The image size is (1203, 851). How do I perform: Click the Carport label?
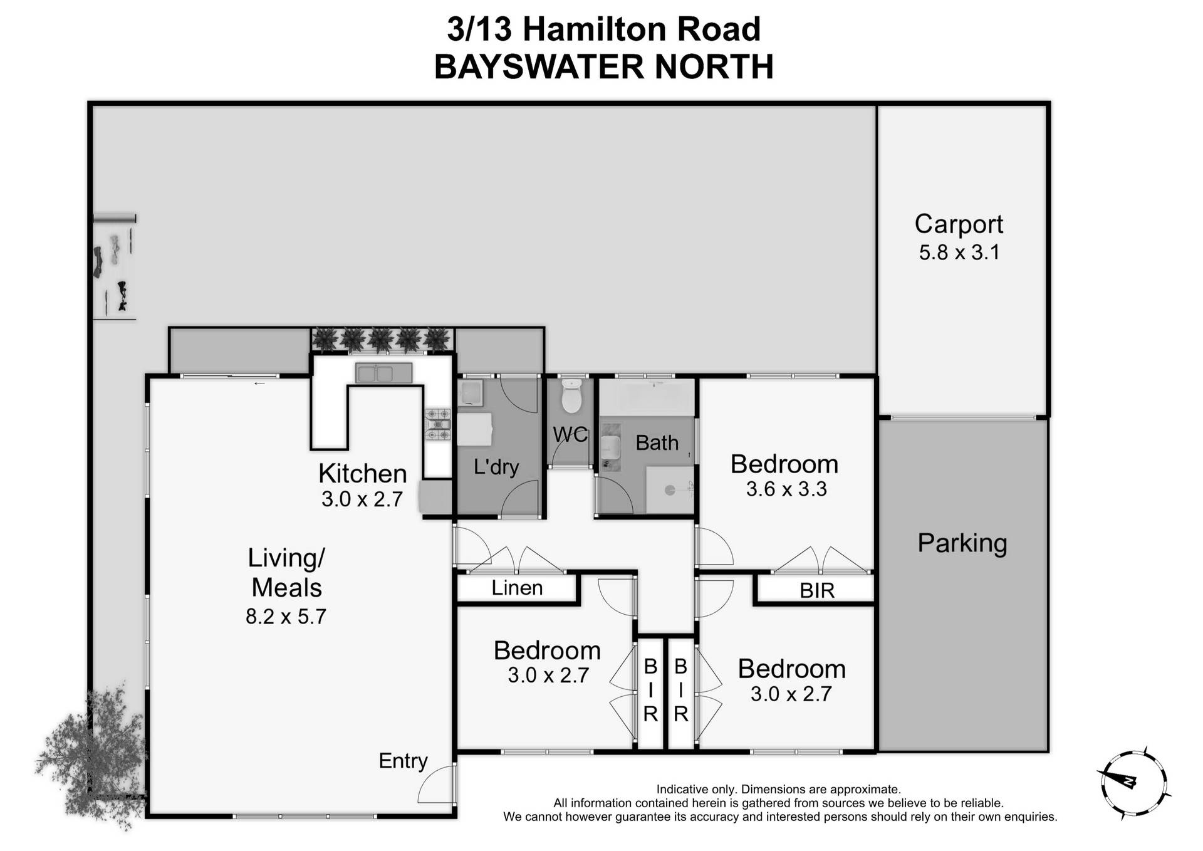[959, 224]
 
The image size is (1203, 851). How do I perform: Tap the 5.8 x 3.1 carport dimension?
[959, 252]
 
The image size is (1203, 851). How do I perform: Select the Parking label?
[962, 543]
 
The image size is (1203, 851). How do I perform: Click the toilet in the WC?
[571, 398]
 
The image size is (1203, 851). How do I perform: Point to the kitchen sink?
[383, 373]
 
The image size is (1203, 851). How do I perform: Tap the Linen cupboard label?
[517, 588]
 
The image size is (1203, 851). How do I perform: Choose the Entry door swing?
[437, 785]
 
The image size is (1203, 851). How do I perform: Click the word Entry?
[403, 761]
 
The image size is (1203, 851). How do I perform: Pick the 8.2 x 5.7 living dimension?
[286, 617]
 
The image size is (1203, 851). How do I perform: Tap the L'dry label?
[496, 467]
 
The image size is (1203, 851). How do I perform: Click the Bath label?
[657, 443]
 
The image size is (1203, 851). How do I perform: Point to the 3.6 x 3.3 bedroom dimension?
[786, 489]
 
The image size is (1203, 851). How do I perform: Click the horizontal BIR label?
[817, 590]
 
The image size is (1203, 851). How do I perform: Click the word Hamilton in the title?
[585, 29]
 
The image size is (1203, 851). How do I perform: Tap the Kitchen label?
[362, 473]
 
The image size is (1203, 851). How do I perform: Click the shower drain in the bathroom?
[670, 491]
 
